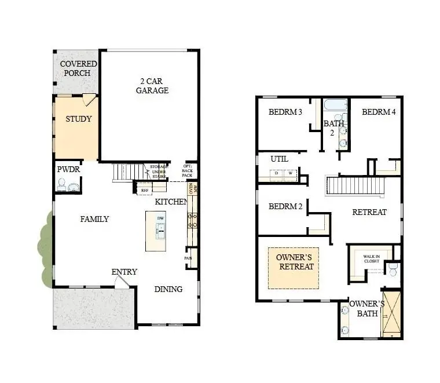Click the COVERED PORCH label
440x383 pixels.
(76, 68)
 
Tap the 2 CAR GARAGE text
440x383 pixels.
(152, 86)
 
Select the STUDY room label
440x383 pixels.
(78, 119)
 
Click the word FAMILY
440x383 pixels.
(94, 219)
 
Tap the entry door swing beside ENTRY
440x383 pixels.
(122, 282)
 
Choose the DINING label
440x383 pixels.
(168, 289)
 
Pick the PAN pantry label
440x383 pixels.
(188, 258)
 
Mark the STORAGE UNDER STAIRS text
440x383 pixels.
(158, 172)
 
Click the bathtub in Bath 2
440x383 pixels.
(335, 106)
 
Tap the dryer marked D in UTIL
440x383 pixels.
(276, 173)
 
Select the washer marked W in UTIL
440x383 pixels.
(290, 173)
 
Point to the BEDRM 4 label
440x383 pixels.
(379, 112)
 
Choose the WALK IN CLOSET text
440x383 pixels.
(371, 258)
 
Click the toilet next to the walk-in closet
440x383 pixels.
(393, 269)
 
